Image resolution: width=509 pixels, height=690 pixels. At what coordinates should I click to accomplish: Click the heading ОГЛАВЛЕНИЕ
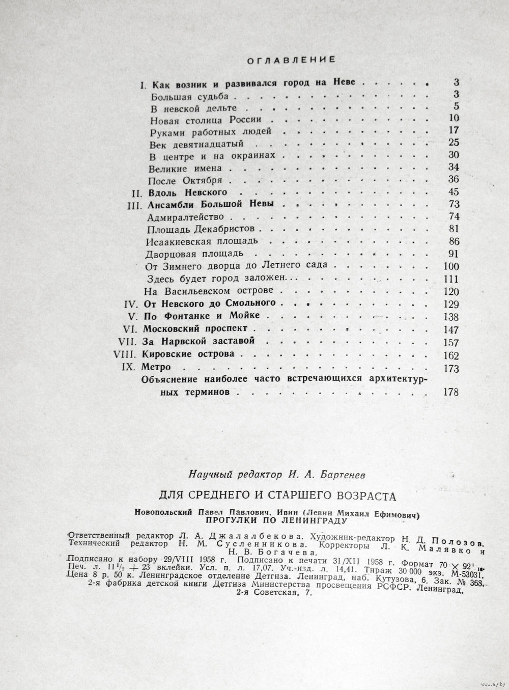[291, 60]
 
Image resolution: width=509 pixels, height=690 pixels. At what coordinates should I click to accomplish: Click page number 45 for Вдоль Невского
[453, 192]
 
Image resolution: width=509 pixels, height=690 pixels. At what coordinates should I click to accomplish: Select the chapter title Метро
[156, 367]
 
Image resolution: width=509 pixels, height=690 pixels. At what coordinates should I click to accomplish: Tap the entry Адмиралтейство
[178, 217]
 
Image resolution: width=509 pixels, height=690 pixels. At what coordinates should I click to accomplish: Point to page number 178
[451, 392]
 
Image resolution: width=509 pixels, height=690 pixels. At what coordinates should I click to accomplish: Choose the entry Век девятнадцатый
[186, 144]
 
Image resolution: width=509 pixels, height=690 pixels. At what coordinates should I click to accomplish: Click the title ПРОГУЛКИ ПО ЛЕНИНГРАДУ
[276, 521]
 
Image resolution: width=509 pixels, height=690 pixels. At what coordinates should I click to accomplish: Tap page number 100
[451, 266]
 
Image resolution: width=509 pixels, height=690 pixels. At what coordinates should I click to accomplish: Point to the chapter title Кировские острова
[188, 354]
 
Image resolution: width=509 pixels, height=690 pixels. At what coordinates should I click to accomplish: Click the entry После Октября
[185, 181]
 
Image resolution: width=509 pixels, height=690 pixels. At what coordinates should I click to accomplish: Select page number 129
[451, 305]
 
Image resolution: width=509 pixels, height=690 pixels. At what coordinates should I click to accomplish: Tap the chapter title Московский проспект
[194, 328]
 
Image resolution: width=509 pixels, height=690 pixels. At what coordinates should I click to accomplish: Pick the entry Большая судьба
[186, 95]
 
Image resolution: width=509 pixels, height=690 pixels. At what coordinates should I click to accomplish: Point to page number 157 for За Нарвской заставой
[451, 342]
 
